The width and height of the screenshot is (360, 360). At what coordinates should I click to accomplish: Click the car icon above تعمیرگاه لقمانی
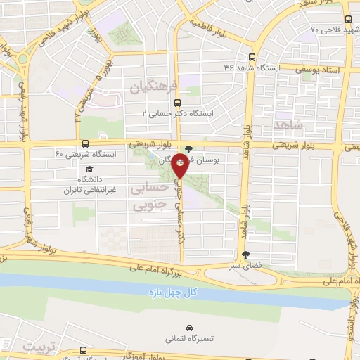coord(190,328)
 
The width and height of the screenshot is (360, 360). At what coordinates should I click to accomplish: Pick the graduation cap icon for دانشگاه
coord(89,169)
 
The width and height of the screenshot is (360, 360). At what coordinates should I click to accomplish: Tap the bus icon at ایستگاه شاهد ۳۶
coord(252,58)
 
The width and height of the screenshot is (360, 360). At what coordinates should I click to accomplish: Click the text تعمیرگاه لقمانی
coord(190,339)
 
